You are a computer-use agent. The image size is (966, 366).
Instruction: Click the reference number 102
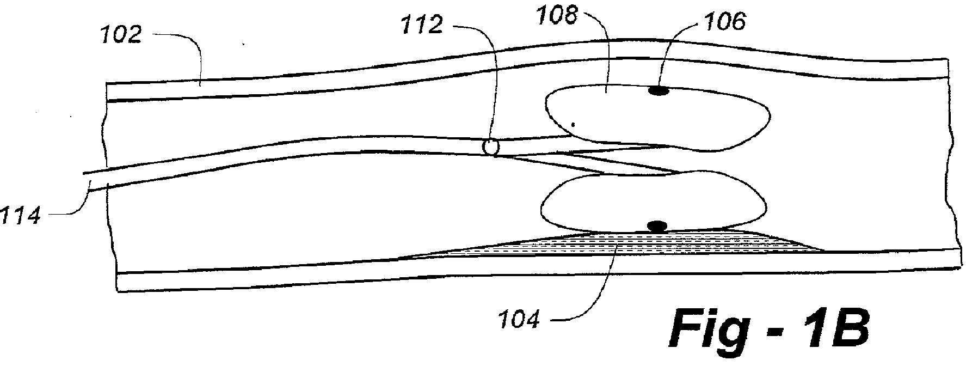[121, 35]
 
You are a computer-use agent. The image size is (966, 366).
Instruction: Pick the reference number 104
[519, 318]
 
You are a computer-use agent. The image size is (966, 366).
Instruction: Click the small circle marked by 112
[491, 147]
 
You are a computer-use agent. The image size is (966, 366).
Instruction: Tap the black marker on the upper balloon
[657, 91]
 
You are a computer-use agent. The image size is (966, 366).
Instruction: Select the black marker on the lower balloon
[657, 225]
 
